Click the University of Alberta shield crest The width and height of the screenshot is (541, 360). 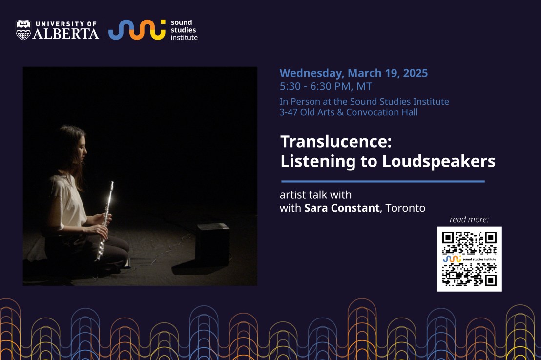coord(23,30)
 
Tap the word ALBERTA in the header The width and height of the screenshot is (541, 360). coord(66,33)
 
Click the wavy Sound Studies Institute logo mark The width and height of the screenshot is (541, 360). coord(137,30)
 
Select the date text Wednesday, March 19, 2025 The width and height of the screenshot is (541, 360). coord(354,73)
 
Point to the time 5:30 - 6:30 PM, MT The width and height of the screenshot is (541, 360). coord(326,86)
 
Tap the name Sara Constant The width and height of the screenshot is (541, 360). coord(342,208)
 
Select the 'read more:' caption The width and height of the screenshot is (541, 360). coord(469,219)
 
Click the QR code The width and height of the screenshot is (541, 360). coord(469,259)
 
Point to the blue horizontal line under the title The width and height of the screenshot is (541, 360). coord(383,181)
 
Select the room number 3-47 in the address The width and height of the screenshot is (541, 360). coord(289,112)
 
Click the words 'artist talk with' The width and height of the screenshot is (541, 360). coord(315,195)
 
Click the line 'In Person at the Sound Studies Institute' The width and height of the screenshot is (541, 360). coord(364,101)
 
